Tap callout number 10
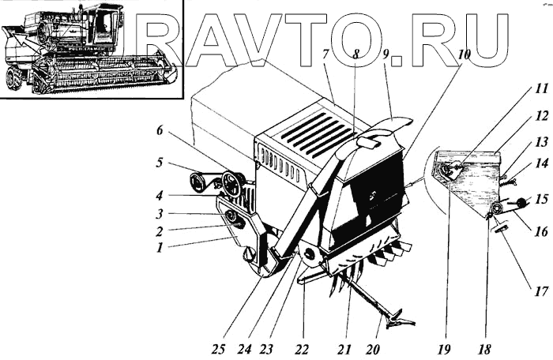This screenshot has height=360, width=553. click(x=464, y=54)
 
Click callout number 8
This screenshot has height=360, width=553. click(x=357, y=56)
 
